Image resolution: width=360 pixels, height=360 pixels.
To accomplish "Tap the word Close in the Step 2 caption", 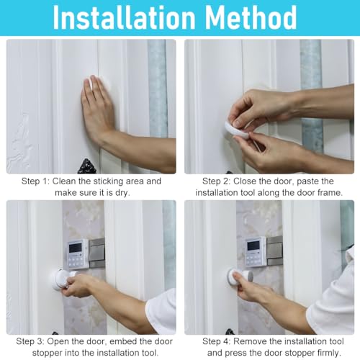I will coord(252,181).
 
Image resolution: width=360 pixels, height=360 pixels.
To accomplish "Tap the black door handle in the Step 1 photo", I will coord(87,166).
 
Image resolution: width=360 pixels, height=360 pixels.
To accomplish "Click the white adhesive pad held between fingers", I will coord(237,129).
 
